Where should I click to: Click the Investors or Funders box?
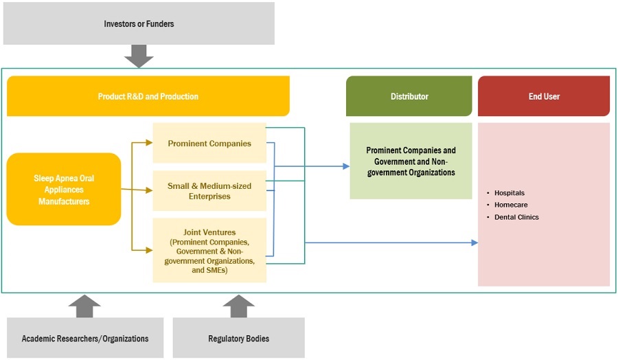tap(138, 23)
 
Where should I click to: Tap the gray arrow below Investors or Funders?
tap(138, 56)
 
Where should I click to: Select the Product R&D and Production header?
tap(148, 96)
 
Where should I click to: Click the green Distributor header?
tap(409, 96)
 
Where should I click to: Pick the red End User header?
tap(544, 96)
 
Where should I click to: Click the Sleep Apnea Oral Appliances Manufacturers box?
tap(64, 190)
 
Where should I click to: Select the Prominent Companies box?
tap(209, 144)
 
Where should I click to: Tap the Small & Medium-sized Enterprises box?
tap(209, 191)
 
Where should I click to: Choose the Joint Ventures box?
tap(209, 250)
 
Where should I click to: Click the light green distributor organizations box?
tap(411, 161)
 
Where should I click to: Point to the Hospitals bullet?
tap(509, 193)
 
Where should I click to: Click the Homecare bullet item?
tap(511, 205)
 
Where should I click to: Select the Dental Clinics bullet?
tap(516, 217)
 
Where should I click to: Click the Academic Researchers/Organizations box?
tap(85, 338)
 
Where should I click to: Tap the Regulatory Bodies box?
tap(238, 338)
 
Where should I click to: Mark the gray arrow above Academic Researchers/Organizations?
tap(84, 306)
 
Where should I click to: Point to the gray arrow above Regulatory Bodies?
tap(238, 306)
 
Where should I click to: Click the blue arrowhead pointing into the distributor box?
tap(345, 166)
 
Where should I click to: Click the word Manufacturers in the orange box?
tap(64, 201)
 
